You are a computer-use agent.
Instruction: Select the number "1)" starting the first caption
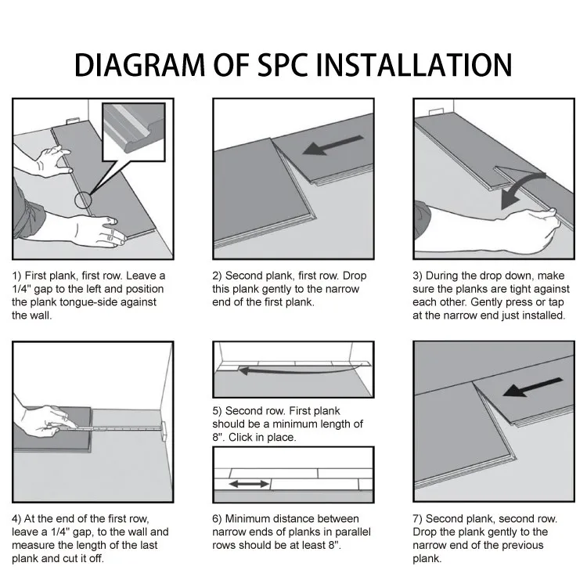click(x=17, y=276)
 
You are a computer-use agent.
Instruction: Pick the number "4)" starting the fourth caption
click(x=17, y=519)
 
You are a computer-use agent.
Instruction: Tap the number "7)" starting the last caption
click(x=420, y=519)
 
